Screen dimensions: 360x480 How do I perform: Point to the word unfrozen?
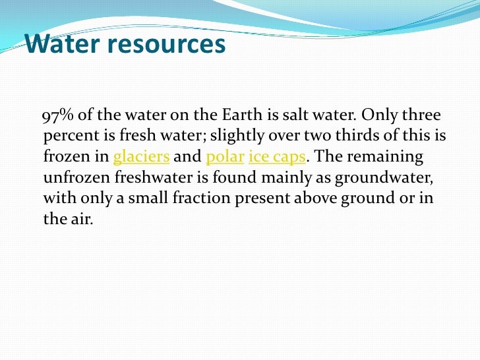[75, 179]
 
